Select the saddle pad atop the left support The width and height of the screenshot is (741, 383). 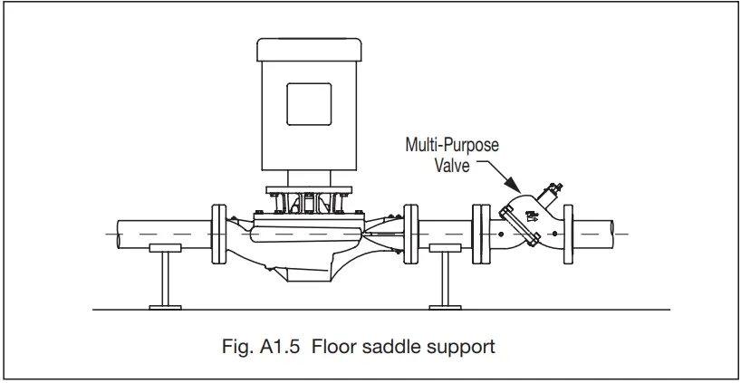[164, 248]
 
